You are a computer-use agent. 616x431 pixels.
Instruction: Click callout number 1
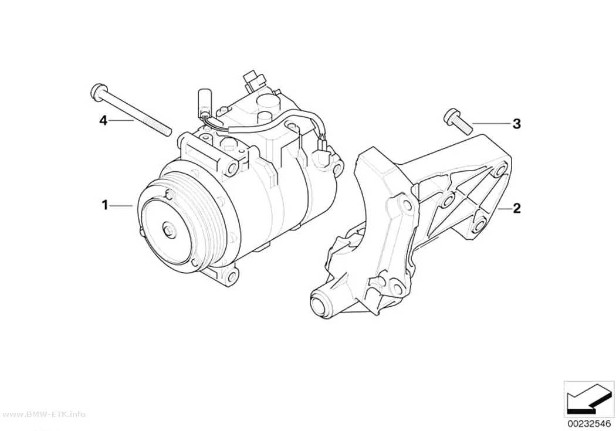click(104, 205)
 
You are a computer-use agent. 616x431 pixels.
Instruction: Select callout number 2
click(517, 208)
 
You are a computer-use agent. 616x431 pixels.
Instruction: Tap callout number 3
click(517, 124)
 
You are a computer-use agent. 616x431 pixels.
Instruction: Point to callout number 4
click(103, 121)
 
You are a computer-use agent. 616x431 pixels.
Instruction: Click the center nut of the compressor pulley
click(169, 229)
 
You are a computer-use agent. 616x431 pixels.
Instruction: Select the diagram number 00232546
click(588, 424)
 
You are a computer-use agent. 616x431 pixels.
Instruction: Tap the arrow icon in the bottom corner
click(588, 401)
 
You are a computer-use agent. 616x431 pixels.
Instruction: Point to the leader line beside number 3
click(491, 123)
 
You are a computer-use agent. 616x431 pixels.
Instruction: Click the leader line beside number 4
click(121, 121)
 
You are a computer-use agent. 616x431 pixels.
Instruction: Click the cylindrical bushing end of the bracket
click(323, 301)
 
